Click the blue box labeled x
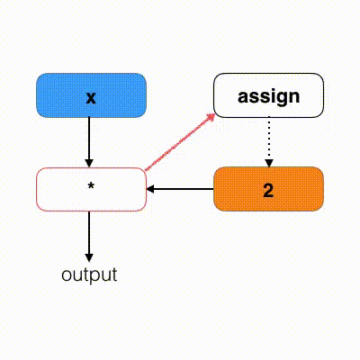tap(91, 95)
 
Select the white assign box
tap(268, 95)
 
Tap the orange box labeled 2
tap(268, 189)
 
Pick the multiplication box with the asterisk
tap(91, 189)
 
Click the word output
tap(89, 274)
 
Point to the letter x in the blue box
tap(91, 98)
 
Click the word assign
tap(268, 97)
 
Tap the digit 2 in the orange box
tap(268, 190)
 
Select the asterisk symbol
tap(91, 186)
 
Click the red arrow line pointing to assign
tap(180, 142)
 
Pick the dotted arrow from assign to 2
tap(269, 142)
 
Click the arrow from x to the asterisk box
tap(89, 142)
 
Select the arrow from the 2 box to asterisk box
tap(180, 189)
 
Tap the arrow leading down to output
tap(89, 237)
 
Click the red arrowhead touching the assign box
tap(211, 117)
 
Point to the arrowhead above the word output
tap(89, 258)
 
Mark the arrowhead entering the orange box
tap(269, 163)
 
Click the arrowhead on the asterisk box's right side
tap(150, 189)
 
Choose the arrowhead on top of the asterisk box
tap(89, 164)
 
